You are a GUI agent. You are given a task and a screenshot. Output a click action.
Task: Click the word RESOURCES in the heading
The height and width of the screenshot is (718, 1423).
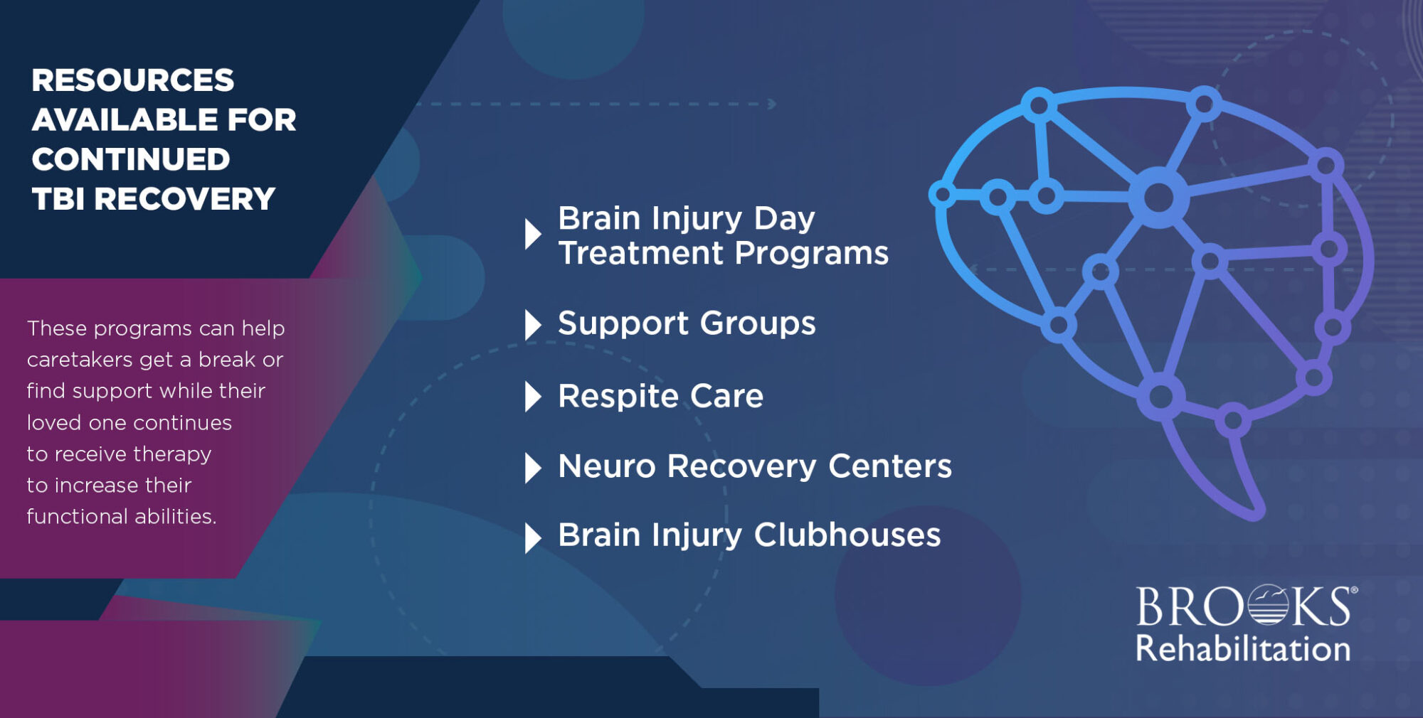(132, 80)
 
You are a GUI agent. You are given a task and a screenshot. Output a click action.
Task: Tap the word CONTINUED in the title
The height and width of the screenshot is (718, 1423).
(131, 160)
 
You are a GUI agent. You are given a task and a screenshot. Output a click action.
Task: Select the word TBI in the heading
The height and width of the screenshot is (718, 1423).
(58, 200)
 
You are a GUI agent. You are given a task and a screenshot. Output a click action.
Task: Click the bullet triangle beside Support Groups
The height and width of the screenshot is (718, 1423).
(532, 325)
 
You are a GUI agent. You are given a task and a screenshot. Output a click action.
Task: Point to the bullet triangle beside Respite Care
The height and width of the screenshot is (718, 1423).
(532, 397)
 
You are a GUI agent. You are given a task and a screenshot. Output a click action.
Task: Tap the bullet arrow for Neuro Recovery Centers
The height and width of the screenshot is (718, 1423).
(532, 468)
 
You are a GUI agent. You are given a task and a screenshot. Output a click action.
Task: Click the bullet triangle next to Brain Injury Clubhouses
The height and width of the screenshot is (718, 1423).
(532, 537)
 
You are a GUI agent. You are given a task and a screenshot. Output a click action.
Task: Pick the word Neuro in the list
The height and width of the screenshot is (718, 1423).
(606, 467)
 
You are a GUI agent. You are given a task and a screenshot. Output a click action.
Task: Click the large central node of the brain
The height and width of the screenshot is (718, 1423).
(1158, 197)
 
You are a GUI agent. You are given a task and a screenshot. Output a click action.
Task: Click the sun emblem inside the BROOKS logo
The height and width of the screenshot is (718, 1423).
(1267, 606)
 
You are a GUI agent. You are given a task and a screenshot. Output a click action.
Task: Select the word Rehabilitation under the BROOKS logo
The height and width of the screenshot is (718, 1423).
(1242, 649)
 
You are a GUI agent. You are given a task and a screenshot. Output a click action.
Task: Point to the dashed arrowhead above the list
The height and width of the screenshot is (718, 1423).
(772, 105)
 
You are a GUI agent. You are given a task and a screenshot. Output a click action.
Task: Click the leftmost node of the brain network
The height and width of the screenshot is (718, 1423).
(943, 194)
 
